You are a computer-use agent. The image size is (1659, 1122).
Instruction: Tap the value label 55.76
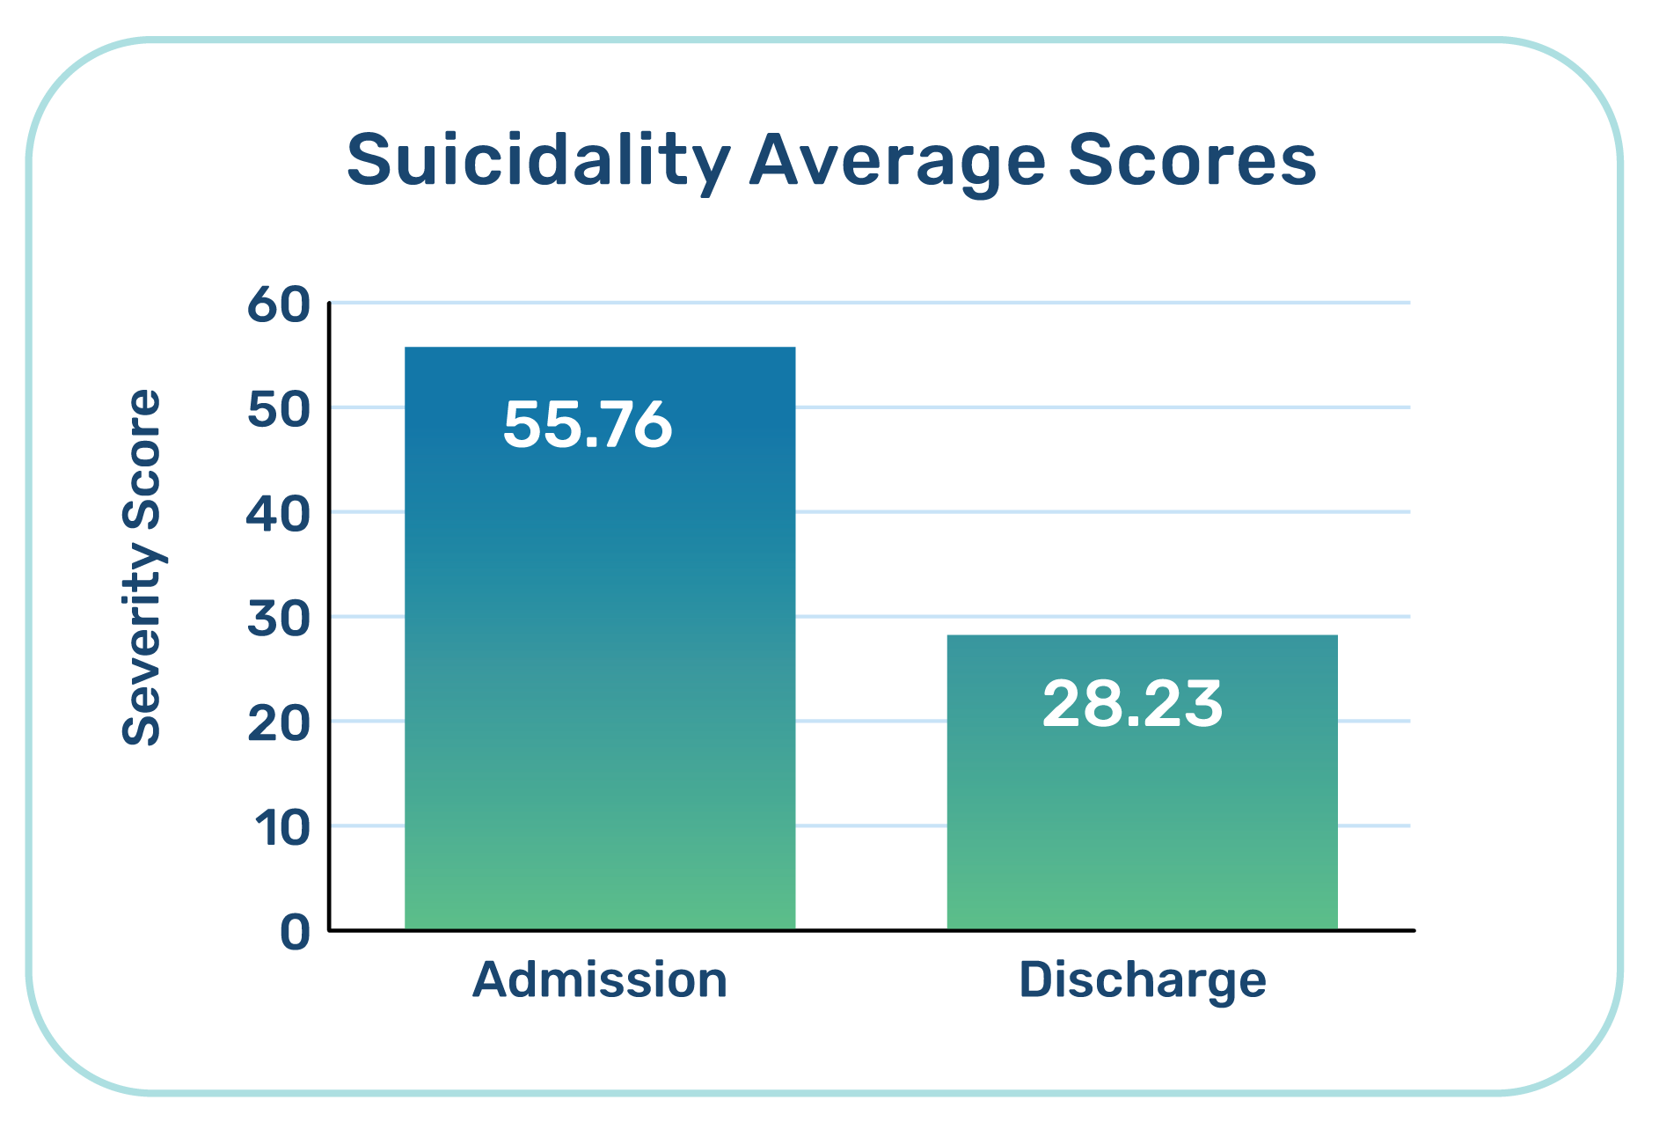click(x=588, y=425)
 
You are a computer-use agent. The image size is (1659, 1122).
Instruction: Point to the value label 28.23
click(x=1132, y=704)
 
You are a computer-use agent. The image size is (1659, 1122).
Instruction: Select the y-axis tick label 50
click(x=279, y=409)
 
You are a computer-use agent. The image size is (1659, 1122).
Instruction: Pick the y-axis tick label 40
click(x=278, y=514)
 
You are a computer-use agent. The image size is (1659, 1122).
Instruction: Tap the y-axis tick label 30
click(x=279, y=619)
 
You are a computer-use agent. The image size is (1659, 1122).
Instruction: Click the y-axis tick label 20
click(x=279, y=723)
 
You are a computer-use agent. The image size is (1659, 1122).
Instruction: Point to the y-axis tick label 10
click(x=282, y=828)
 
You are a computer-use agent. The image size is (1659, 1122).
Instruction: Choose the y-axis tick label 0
click(x=296, y=932)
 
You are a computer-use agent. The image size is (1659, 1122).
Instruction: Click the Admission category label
click(x=600, y=979)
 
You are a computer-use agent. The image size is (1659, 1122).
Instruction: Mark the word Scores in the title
click(x=1192, y=161)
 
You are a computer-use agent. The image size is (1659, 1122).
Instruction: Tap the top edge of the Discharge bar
click(x=1142, y=635)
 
